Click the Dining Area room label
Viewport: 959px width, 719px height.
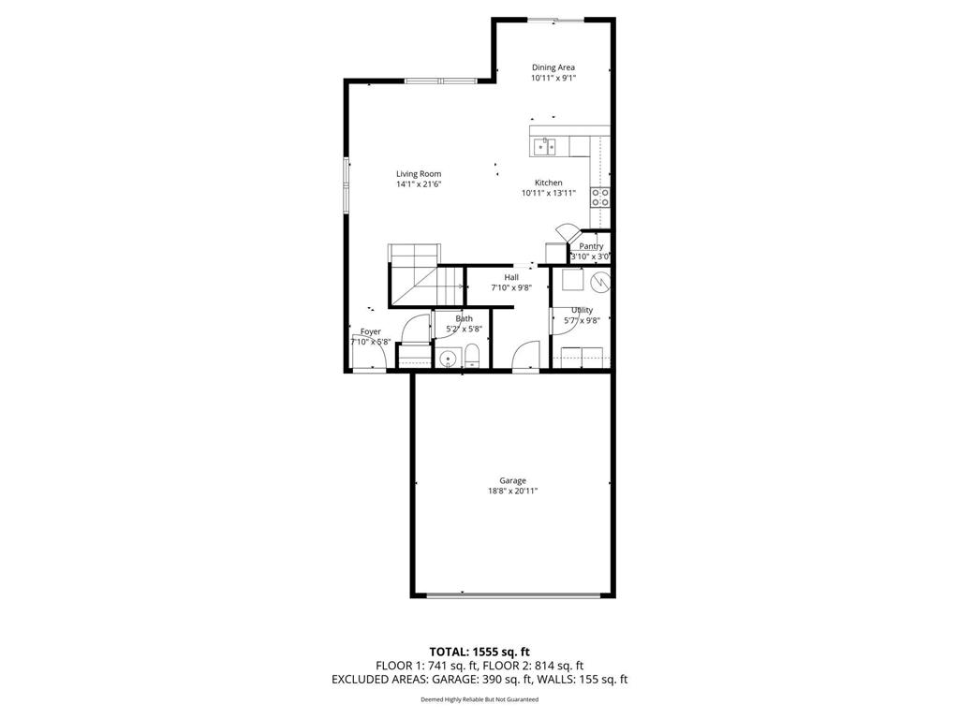click(x=553, y=67)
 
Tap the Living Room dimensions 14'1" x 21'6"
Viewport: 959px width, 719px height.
click(x=418, y=184)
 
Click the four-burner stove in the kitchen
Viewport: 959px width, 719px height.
click(x=600, y=197)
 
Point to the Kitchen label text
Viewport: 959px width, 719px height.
click(x=548, y=183)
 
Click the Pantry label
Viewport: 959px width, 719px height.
click(x=591, y=246)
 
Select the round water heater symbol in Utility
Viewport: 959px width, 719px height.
click(x=599, y=280)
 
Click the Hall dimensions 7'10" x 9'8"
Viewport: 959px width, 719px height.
click(x=511, y=288)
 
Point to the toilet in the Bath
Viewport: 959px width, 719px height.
click(x=473, y=356)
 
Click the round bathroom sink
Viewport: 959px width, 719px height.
click(x=449, y=358)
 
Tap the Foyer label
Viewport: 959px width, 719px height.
click(x=371, y=331)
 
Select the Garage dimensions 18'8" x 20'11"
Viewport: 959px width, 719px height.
click(x=512, y=491)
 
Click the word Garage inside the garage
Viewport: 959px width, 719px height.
click(x=512, y=480)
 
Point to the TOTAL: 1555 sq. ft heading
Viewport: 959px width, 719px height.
click(x=479, y=651)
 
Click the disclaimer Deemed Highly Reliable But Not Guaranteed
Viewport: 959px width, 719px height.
click(x=479, y=699)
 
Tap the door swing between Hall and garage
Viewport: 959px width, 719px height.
click(x=525, y=355)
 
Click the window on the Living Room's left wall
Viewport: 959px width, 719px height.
click(x=347, y=184)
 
